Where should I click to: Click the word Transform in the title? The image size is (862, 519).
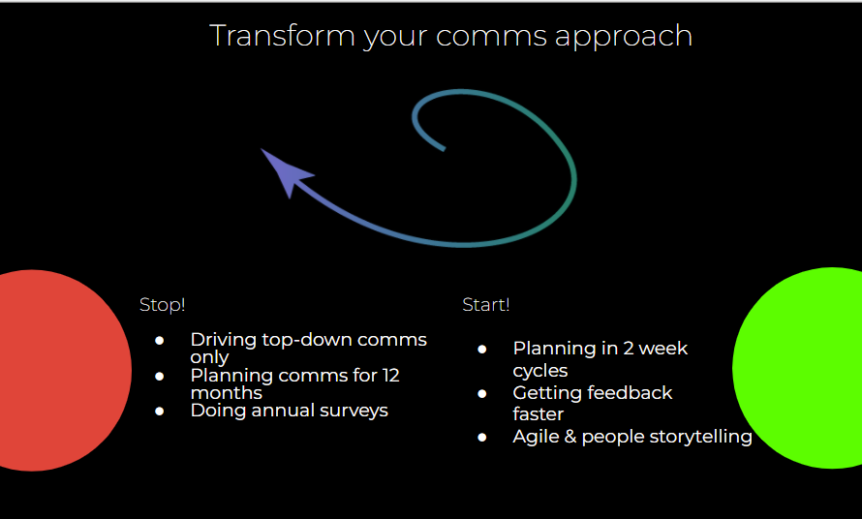click(283, 36)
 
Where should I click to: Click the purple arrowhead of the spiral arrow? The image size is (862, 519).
click(286, 171)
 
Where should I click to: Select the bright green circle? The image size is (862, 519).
click(798, 368)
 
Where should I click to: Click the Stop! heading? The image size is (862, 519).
click(162, 305)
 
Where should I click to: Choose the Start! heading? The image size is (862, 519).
click(486, 305)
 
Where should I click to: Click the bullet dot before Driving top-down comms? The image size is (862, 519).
click(160, 341)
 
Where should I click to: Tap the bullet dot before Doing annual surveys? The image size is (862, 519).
click(160, 412)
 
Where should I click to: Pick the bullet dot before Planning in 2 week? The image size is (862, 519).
click(482, 350)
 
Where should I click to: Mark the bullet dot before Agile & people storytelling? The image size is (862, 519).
click(482, 438)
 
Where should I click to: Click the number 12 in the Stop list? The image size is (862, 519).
click(391, 376)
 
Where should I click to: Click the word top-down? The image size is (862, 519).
click(307, 341)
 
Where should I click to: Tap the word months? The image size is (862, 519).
click(227, 393)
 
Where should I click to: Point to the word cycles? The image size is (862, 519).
click(540, 372)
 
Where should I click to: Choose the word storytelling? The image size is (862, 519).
click(701, 438)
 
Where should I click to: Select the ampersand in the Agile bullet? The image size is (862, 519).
click(570, 437)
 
